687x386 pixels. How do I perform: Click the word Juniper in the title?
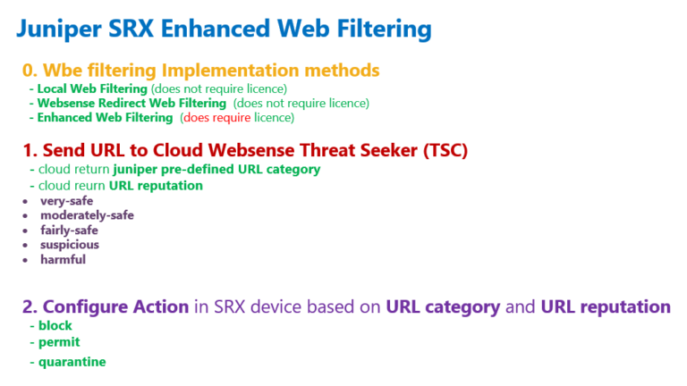[59, 29]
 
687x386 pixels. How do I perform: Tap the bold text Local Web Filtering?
[92, 88]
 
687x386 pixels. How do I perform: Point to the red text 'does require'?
[216, 118]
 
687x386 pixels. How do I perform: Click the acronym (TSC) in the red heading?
[445, 150]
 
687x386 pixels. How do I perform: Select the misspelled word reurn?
[90, 186]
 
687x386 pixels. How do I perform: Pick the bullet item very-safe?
[66, 201]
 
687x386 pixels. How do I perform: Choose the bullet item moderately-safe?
[87, 215]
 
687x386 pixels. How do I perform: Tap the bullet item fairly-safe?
[69, 231]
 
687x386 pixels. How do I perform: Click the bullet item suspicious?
[70, 245]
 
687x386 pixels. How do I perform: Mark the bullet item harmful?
[64, 259]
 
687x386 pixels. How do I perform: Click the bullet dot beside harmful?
[25, 260]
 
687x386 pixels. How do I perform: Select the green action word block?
[55, 325]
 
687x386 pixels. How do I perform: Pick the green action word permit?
[59, 342]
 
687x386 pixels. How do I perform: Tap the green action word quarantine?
[72, 362]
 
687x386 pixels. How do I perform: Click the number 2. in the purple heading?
[30, 306]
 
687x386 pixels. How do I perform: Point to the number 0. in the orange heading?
[30, 70]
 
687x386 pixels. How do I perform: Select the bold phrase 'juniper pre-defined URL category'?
[216, 170]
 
